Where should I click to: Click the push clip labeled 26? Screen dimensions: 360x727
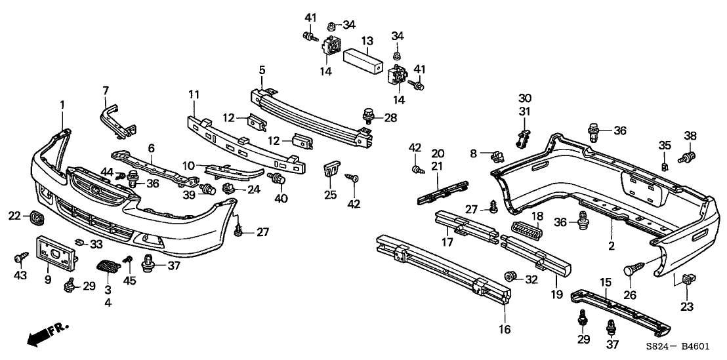coord(636,268)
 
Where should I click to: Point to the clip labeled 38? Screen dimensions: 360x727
coord(689,158)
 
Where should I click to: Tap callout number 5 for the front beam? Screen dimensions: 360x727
coord(262,70)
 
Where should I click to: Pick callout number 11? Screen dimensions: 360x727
coord(194,96)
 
